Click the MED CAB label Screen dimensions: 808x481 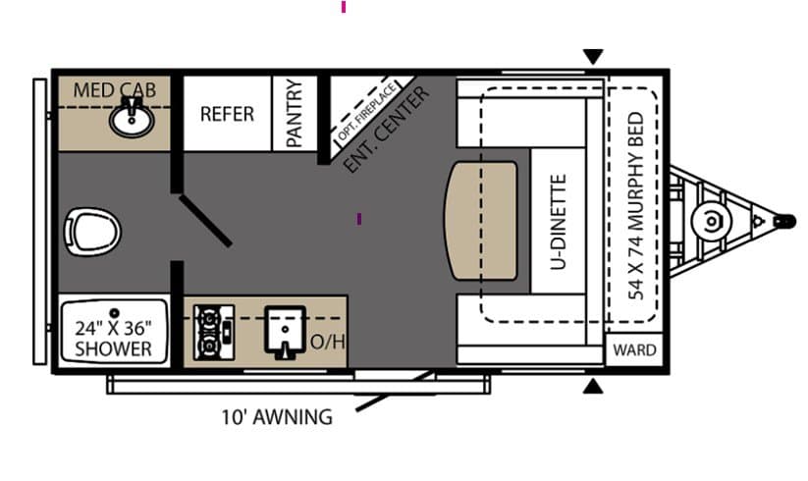115,90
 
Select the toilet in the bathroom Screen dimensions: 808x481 92,232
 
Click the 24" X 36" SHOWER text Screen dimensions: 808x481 113,339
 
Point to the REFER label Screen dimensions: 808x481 227,114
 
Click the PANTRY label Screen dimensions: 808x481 294,113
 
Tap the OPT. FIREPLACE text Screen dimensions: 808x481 367,112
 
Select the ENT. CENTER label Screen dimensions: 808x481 386,130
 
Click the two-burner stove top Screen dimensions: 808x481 214,333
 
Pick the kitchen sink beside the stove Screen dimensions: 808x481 285,332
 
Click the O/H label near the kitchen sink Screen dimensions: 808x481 327,342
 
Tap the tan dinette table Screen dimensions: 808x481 481,221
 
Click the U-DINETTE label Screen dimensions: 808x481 558,222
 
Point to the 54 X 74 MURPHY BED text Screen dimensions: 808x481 636,206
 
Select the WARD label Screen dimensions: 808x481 635,350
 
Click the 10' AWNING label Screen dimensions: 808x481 277,416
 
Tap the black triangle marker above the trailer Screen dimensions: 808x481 593,56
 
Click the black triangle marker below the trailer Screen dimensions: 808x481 593,386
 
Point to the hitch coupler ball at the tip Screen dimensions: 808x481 785,222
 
